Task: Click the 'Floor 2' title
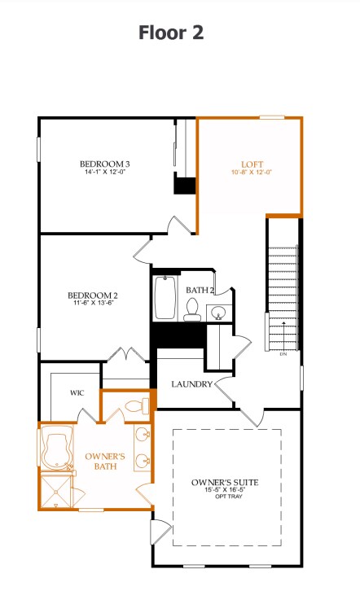(x=170, y=33)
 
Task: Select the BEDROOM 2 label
(x=93, y=295)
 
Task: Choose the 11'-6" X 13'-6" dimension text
(x=93, y=304)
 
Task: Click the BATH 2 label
(x=200, y=290)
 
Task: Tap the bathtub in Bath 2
(x=165, y=299)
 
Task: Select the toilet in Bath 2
(x=193, y=308)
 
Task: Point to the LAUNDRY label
(x=192, y=384)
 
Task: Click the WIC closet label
(x=77, y=392)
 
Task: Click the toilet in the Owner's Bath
(x=134, y=405)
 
